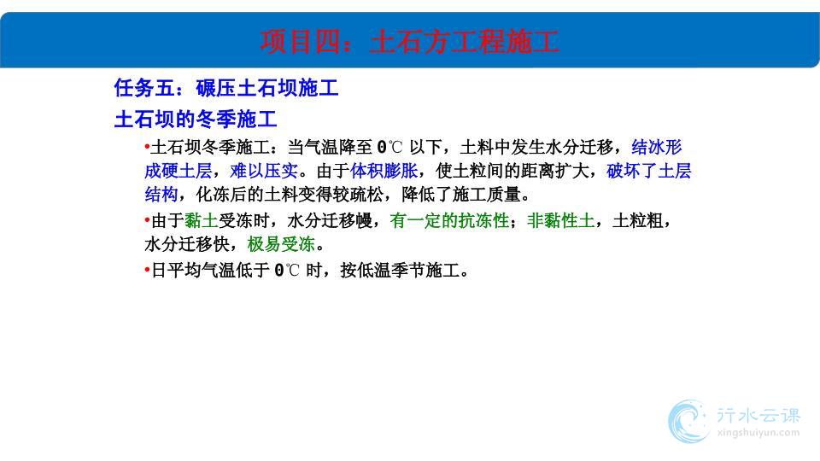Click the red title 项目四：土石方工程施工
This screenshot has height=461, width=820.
pyautogui.click(x=409, y=41)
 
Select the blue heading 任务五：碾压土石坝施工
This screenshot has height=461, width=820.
pyautogui.click(x=226, y=88)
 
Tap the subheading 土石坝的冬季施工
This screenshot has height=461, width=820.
pyautogui.click(x=196, y=120)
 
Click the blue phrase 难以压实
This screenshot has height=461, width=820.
pyautogui.click(x=264, y=171)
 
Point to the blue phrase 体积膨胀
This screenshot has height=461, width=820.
pyautogui.click(x=384, y=171)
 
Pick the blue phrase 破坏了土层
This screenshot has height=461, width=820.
pyautogui.click(x=649, y=171)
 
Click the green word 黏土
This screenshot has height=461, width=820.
pyautogui.click(x=202, y=220)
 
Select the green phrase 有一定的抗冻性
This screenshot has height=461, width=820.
pyautogui.click(x=450, y=220)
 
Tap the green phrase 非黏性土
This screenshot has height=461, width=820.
pyautogui.click(x=560, y=220)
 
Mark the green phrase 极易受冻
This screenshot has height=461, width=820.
pyautogui.click(x=281, y=244)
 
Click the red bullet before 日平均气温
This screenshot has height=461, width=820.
pyautogui.click(x=147, y=270)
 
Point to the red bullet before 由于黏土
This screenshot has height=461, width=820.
pyautogui.click(x=147, y=220)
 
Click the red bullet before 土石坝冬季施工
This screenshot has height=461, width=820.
pyautogui.click(x=147, y=147)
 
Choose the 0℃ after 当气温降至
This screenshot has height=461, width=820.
pyautogui.click(x=390, y=148)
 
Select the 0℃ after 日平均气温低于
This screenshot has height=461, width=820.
pyautogui.click(x=287, y=271)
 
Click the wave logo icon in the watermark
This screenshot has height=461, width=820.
pyautogui.click(x=688, y=421)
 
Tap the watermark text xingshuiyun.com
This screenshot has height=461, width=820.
pyautogui.click(x=758, y=433)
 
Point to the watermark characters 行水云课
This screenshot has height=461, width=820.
pyautogui.click(x=758, y=416)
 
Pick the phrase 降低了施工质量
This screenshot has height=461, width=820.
pyautogui.click(x=465, y=195)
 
